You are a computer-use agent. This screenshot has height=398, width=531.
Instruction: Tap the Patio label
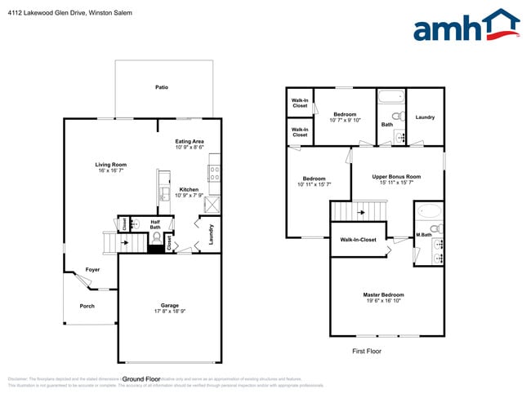pos(162,86)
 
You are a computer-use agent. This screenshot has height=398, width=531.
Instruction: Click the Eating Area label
pos(190,141)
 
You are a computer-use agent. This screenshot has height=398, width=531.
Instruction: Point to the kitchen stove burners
pos(215,173)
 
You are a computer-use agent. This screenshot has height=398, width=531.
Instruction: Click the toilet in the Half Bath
pos(156,239)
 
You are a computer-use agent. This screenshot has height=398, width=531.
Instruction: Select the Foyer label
pos(93,269)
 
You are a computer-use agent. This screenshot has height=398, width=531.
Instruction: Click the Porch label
pos(87,306)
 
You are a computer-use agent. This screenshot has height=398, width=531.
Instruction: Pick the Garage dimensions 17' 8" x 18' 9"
pos(169,312)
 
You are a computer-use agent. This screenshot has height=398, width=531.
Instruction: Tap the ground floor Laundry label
pos(211,234)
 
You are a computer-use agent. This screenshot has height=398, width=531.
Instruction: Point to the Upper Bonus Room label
pos(396,176)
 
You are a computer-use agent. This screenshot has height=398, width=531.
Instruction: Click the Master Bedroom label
pos(383,294)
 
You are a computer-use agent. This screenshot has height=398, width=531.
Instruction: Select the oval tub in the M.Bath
pos(428,210)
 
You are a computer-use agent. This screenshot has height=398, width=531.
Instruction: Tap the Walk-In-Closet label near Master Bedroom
pos(358,240)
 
